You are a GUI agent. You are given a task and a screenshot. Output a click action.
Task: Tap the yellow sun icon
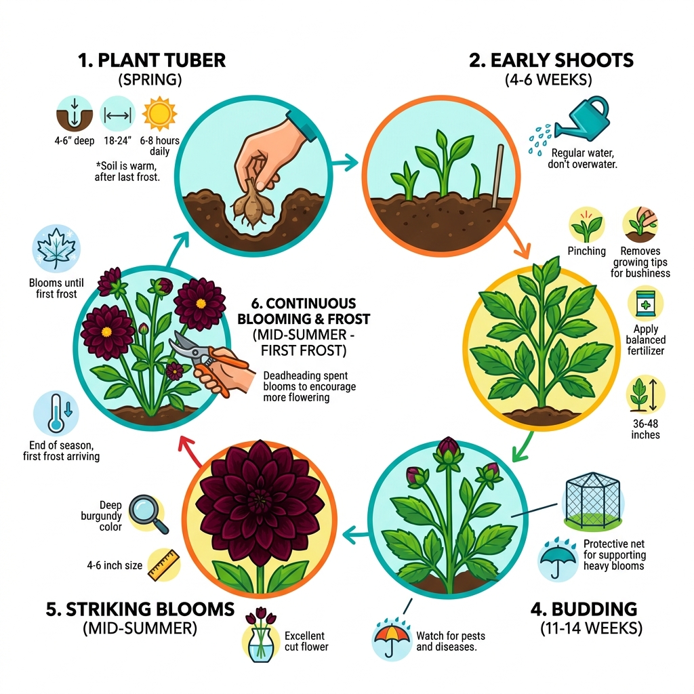tap(160, 113)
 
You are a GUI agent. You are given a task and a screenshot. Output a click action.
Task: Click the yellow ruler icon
tap(163, 565)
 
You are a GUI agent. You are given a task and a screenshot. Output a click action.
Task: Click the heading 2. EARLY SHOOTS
tap(551, 60)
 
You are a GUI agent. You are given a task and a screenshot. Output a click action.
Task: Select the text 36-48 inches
tap(645, 429)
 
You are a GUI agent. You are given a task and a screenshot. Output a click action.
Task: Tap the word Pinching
tap(586, 251)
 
